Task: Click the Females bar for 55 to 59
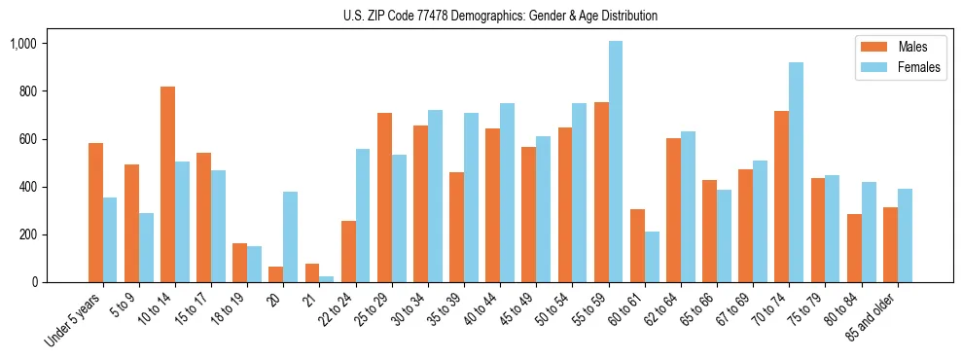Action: click(616, 162)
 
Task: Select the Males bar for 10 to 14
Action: click(167, 185)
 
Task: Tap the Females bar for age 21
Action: click(327, 279)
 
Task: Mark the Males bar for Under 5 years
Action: click(95, 213)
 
